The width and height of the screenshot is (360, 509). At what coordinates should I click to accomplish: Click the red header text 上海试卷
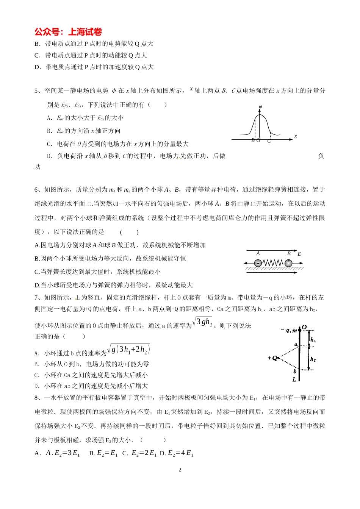tap(85, 32)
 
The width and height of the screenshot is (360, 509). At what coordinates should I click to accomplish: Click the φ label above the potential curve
tap(260, 107)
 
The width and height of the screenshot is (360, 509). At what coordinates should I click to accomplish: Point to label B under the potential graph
tap(253, 141)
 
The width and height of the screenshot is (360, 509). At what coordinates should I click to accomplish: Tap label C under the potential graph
tap(269, 141)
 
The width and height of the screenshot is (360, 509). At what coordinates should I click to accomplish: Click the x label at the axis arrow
tap(296, 136)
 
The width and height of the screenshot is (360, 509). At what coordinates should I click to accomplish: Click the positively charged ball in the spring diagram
tap(288, 263)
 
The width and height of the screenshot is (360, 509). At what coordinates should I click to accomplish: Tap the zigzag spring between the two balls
tap(273, 263)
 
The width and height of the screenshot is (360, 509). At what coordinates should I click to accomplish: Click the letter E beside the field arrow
tap(299, 254)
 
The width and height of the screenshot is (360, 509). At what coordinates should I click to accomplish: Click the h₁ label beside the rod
tap(313, 340)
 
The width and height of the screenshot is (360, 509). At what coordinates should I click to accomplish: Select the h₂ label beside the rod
tap(313, 359)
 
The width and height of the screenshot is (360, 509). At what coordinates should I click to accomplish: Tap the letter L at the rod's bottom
tap(294, 379)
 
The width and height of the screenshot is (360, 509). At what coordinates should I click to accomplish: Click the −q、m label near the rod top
tap(289, 331)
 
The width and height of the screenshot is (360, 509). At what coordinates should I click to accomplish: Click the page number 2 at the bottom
tap(180, 470)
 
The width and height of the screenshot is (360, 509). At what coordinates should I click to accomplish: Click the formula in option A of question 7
tap(128, 349)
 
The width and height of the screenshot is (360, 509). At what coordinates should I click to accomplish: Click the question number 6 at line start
tap(37, 189)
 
